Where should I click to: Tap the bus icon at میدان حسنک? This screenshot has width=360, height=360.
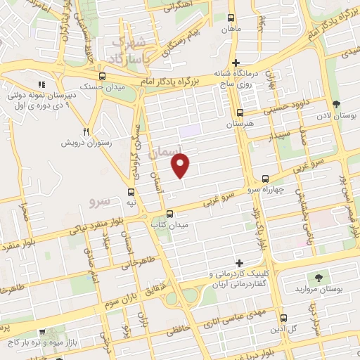click(x=103, y=76)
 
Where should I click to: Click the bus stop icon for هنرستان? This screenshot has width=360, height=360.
click(x=240, y=112)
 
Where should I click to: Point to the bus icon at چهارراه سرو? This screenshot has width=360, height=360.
click(x=264, y=179)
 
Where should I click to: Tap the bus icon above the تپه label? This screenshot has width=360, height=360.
click(x=131, y=191)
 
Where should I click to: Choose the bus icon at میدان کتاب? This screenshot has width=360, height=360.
click(x=169, y=214)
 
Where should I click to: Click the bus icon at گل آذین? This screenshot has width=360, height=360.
click(x=283, y=318)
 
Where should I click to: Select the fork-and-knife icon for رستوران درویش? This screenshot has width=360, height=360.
click(x=86, y=131)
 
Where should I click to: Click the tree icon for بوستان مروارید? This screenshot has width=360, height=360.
click(x=321, y=278)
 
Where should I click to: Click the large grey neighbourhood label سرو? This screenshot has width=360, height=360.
click(x=100, y=202)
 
